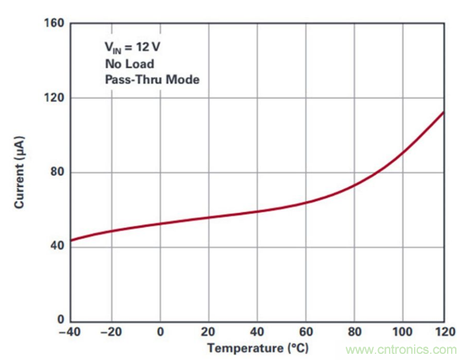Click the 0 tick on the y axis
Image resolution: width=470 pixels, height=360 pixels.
61,320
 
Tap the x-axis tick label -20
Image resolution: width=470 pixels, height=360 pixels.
111,333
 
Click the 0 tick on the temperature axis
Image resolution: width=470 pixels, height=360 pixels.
160,333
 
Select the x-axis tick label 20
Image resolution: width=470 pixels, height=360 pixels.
208,333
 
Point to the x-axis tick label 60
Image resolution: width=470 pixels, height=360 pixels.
305,333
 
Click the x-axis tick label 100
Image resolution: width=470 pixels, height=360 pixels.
402,333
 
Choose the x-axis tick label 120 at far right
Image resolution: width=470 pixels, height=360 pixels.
444,333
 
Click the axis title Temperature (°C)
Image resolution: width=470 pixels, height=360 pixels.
257,349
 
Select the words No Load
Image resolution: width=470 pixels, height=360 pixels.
129,63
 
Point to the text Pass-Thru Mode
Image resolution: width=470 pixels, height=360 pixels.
152,79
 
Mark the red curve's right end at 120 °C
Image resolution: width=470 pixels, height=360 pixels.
444,112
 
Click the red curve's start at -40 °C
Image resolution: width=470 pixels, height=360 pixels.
72,240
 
